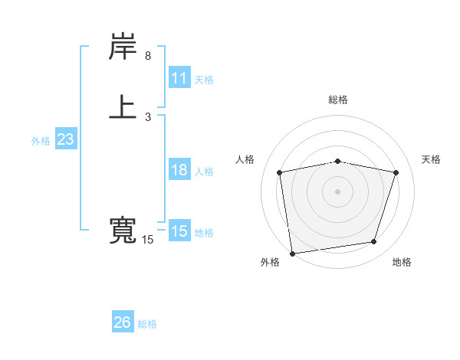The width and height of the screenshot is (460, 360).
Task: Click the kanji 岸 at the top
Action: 123,48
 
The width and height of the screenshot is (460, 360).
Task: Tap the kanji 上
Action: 123,107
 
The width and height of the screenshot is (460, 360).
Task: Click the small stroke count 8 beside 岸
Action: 148,56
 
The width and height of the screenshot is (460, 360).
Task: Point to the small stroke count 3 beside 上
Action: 148,116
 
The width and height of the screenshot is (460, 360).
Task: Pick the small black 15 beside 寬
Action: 148,240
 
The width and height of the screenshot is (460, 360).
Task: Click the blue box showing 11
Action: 179,78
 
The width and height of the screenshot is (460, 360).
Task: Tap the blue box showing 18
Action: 179,170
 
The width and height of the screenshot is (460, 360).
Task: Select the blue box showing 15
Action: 179,231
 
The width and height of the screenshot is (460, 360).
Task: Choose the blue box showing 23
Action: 65,139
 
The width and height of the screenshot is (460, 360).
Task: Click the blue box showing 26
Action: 123,322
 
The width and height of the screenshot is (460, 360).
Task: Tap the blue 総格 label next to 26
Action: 147,324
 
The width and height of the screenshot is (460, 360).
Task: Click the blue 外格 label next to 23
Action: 41,141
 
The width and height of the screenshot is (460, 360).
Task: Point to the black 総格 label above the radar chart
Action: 338,100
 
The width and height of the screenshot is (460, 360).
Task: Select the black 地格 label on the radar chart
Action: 402,263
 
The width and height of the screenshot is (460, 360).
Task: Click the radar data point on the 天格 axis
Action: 396,172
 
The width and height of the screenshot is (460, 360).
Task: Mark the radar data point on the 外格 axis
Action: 292,253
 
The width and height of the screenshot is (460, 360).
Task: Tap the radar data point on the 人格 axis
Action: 280,172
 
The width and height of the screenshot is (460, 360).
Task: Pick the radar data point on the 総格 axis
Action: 338,161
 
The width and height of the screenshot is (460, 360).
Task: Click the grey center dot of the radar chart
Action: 338,191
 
